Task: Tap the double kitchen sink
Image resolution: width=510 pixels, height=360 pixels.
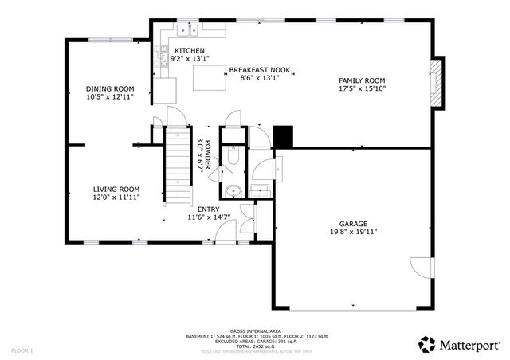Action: pyautogui.click(x=187, y=31)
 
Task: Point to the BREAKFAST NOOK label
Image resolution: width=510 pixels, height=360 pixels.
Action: pyautogui.click(x=260, y=69)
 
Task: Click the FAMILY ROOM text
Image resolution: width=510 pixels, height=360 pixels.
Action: pyautogui.click(x=362, y=80)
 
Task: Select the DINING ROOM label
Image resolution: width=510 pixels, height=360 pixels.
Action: pyautogui.click(x=110, y=88)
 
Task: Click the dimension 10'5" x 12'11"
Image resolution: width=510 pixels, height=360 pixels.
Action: pyautogui.click(x=110, y=96)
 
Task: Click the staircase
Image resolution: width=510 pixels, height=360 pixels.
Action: pyautogui.click(x=175, y=167)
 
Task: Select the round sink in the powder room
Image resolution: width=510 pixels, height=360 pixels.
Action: pyautogui.click(x=232, y=190)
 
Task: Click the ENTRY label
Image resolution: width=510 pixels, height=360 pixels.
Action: pyautogui.click(x=209, y=209)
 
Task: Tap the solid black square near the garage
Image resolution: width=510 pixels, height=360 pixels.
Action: pyautogui.click(x=283, y=136)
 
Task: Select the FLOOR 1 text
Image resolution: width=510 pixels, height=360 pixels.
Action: pyautogui.click(x=23, y=350)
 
